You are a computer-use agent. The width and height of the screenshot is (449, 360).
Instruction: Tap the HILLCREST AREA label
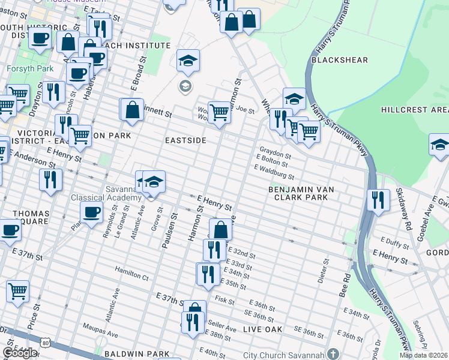tap(414, 110)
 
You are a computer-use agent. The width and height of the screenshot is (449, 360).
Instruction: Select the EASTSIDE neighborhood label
tap(185, 140)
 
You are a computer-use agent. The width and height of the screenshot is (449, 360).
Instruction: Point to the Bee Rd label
tap(346, 286)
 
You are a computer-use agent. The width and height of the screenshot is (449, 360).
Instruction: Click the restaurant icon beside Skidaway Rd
tap(378, 199)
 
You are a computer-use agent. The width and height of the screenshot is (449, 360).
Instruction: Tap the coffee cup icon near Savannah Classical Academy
tap(91, 212)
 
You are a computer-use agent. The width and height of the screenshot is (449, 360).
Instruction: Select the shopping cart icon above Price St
tap(18, 290)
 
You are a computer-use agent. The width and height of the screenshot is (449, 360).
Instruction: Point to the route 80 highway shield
tap(46, 342)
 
